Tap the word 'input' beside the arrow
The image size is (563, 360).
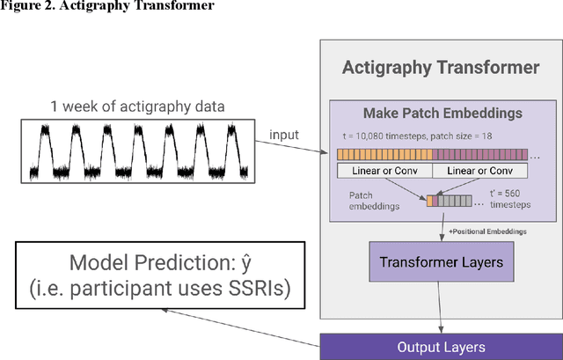(285, 135)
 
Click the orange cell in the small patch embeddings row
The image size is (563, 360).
(430, 202)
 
